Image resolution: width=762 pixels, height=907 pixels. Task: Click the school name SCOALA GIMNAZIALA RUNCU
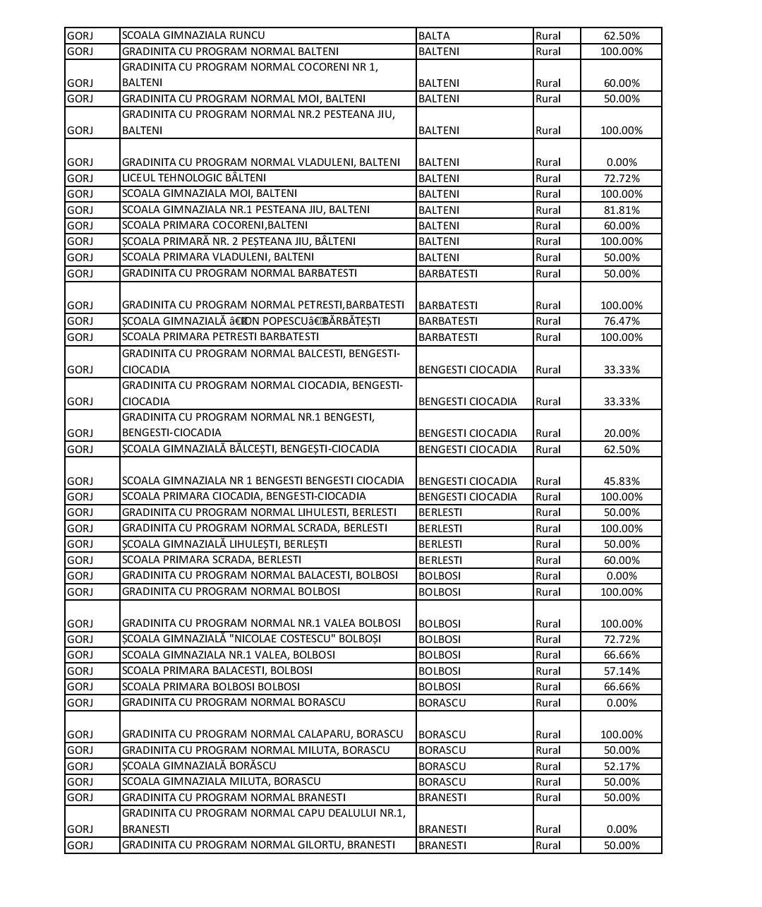coord(193,35)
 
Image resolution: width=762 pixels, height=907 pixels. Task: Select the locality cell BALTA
coord(434,36)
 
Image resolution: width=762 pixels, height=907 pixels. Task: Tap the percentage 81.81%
coord(621,210)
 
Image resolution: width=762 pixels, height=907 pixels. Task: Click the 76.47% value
coord(621,321)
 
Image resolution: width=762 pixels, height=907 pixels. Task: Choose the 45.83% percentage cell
coord(621,481)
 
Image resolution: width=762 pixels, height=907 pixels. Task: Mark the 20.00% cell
coord(621,433)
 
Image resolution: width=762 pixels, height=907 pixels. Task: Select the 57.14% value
coord(621,671)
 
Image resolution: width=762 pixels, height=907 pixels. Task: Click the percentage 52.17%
coord(621,767)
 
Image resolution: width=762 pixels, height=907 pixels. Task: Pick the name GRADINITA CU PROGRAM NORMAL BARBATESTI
coord(239,273)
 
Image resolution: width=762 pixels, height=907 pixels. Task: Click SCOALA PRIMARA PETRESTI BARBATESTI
coord(220,337)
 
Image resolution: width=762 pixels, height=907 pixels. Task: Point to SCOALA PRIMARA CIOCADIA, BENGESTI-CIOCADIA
coord(244,496)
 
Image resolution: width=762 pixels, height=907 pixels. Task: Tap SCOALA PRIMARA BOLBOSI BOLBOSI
coord(211,686)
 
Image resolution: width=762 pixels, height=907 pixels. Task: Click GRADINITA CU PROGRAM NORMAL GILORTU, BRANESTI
coord(258,845)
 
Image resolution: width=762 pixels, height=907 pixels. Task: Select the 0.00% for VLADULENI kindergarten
coord(621,162)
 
